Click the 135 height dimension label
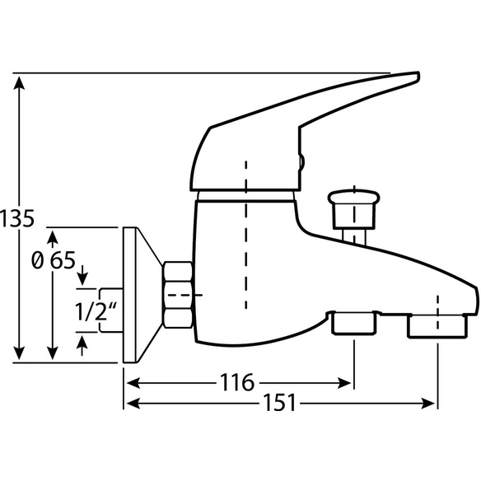tap(17, 218)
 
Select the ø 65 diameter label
tap(54, 260)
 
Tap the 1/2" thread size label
tap(96, 311)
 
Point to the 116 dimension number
tap(237, 382)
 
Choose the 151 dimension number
tap(279, 403)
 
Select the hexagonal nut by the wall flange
tap(178, 295)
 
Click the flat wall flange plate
tap(129, 295)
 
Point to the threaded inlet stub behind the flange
tap(111, 311)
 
